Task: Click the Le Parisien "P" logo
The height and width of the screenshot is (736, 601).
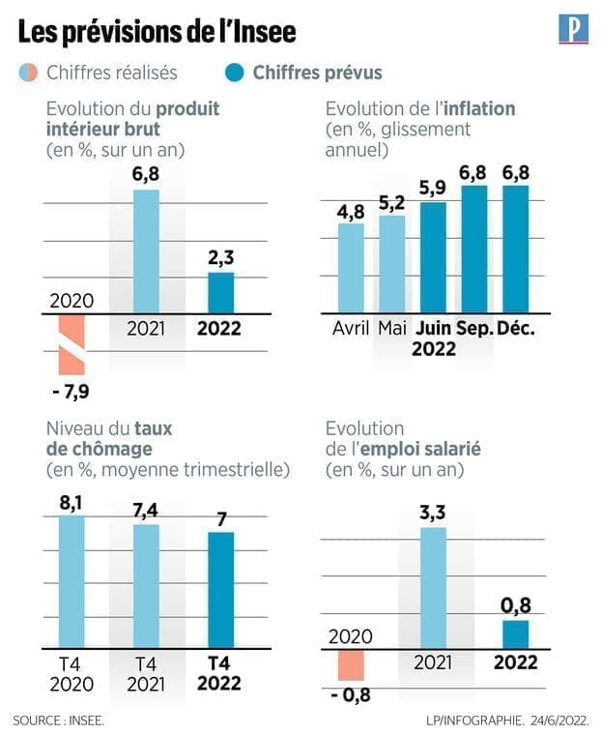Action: point(574,29)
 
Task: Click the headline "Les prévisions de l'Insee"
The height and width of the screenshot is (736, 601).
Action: point(157,33)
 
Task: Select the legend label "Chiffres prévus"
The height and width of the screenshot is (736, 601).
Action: point(317,73)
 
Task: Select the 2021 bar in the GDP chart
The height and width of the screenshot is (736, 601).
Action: point(146,251)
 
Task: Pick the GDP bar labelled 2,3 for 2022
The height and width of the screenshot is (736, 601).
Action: point(221,292)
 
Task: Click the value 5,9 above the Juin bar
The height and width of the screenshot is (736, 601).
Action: point(433,188)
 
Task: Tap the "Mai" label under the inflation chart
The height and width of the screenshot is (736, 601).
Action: point(392,328)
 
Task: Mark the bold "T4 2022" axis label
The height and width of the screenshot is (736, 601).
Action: point(220,672)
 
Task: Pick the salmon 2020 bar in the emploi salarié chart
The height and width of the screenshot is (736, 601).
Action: point(350,665)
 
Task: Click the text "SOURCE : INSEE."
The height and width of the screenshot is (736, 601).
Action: point(59,720)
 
